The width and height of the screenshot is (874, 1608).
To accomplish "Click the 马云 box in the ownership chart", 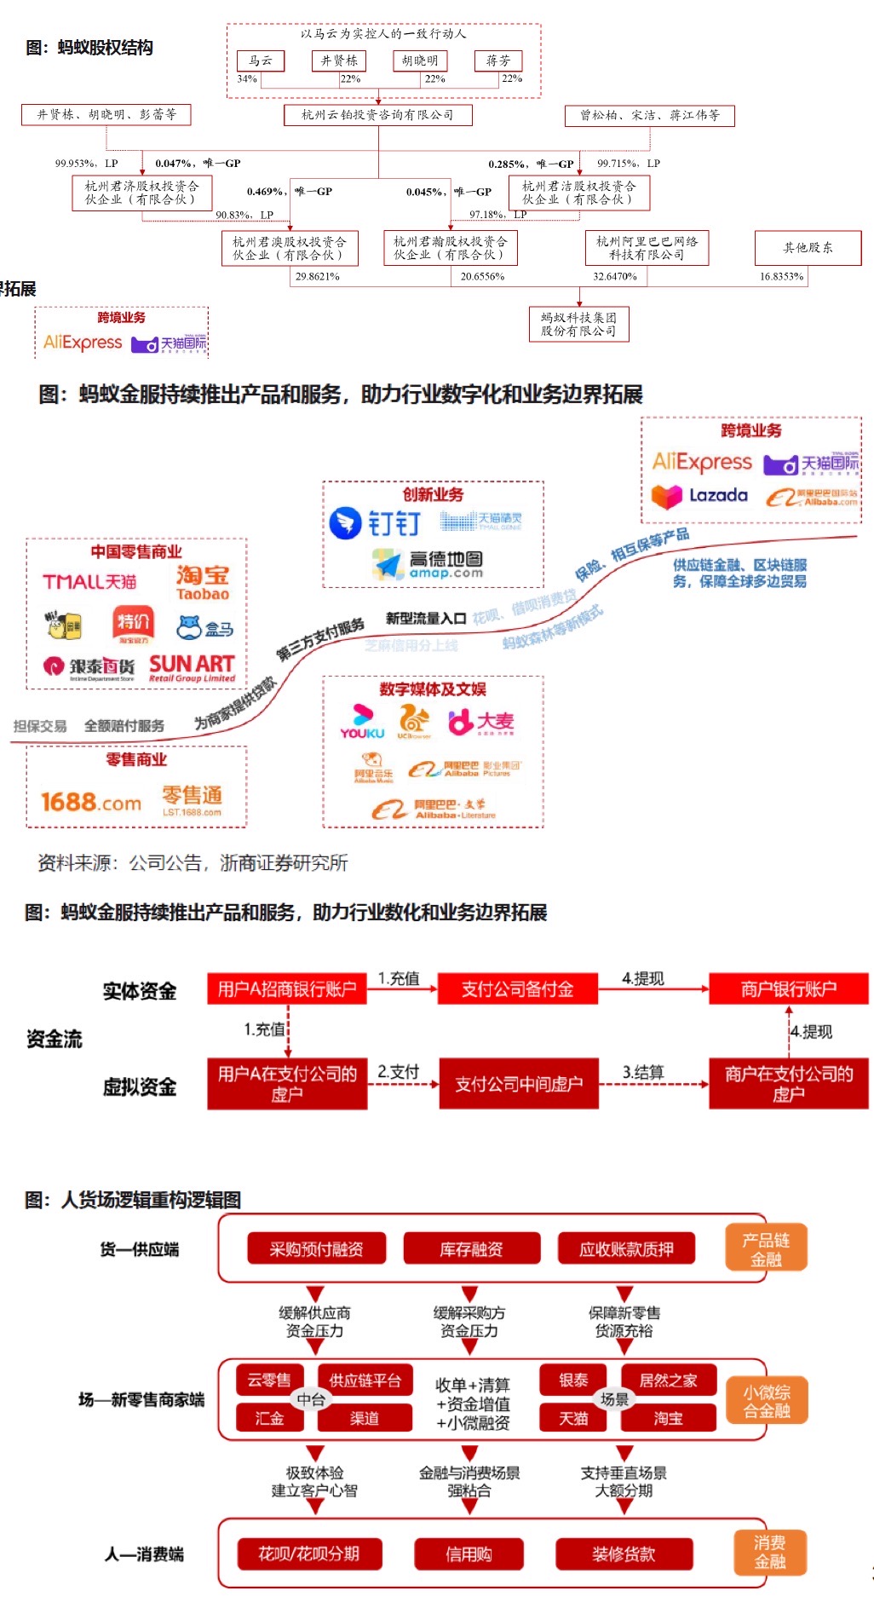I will pos(261,61).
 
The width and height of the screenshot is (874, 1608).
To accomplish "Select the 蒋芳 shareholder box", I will pos(498,61).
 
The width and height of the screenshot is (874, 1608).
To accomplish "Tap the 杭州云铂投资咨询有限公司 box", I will pos(377,115).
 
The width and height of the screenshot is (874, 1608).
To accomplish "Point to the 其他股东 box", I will pos(808,248).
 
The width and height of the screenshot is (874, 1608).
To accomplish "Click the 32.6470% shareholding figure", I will pos(615,276).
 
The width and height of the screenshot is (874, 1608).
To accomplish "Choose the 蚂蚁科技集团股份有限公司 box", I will pos(578,324).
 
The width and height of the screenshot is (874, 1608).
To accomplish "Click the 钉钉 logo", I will pos(376,522).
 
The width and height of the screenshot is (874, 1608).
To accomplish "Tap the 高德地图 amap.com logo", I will pos(428,563).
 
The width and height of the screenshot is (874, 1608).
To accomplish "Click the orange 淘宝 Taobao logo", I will pos(203,582).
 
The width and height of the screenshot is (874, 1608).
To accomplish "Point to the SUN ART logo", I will pos(192,667).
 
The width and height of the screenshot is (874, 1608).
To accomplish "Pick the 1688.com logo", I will pos(91,802).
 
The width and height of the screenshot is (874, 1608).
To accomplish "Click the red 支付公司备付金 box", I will pos(517,989).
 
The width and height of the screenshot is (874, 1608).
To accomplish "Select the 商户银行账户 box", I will pos(788,989).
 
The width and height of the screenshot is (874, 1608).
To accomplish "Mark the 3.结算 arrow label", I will pos(643,1072).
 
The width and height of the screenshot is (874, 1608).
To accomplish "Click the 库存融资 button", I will pos(471,1249).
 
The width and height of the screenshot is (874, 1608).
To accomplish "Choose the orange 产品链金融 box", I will pos(765,1249).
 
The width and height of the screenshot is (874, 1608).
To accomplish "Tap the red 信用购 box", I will pos(469,1554).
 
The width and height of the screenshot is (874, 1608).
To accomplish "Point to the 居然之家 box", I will pos(668,1380).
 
